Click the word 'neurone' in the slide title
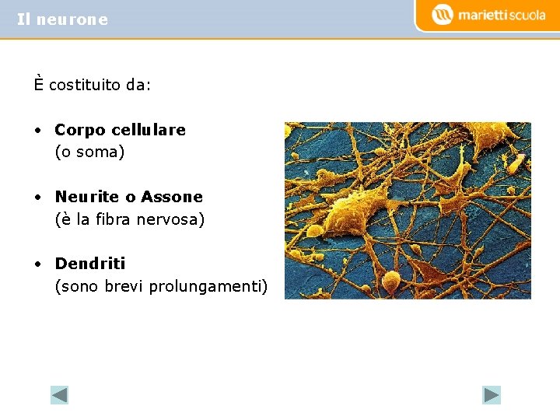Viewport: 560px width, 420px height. [72, 20]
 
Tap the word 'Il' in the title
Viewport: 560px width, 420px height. [23, 20]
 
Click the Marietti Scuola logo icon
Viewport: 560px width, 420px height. [442, 15]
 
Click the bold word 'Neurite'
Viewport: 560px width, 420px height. [86, 197]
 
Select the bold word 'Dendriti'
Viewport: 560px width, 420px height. [89, 264]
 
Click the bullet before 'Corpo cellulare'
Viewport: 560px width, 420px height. [37, 131]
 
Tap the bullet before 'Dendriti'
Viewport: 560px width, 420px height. [37, 264]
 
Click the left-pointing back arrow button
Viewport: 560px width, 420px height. [59, 395]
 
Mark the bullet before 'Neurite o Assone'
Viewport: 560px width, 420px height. [37, 198]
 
